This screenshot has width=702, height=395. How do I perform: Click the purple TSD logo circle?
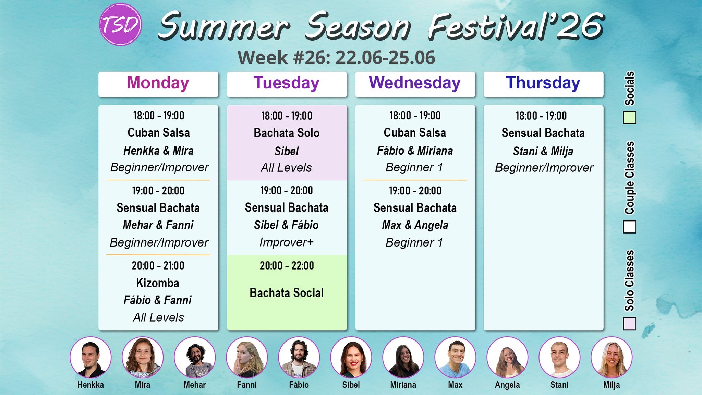(120, 25)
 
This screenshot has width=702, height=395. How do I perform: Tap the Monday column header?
(158, 84)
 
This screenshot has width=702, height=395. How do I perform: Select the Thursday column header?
(543, 84)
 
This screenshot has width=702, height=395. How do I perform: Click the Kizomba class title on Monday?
(158, 283)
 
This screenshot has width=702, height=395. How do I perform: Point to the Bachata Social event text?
(287, 293)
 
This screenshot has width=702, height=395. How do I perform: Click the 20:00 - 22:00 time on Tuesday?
(287, 265)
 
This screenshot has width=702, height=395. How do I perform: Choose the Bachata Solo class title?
(287, 133)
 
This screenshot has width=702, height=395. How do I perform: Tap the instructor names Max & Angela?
(415, 225)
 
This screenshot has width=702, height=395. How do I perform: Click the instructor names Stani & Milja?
(543, 151)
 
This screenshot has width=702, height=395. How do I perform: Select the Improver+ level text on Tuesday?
(287, 242)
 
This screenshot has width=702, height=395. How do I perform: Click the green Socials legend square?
(629, 118)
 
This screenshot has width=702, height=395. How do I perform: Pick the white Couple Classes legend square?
(629, 227)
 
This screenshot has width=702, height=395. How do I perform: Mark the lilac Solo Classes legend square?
(629, 324)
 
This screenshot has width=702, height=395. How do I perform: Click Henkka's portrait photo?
(90, 357)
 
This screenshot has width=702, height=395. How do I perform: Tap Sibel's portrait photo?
(351, 357)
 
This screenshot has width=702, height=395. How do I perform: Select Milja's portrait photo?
(612, 357)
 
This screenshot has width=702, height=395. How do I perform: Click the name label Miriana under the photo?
(403, 385)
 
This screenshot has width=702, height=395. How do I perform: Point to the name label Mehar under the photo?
(195, 385)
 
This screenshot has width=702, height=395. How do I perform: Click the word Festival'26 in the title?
(516, 26)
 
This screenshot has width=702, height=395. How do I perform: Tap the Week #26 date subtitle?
(337, 58)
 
